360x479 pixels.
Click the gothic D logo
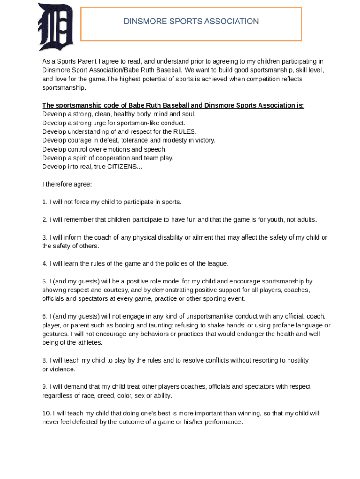click(56, 27)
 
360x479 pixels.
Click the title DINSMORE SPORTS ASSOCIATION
click(191, 22)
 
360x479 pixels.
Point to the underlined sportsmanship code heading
click(173, 105)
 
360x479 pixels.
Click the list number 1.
click(44, 202)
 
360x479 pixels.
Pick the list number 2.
click(44, 219)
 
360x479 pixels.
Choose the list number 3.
click(44, 237)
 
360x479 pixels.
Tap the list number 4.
click(44, 264)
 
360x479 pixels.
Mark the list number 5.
click(44, 281)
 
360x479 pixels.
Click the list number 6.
click(44, 316)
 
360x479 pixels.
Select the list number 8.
click(44, 360)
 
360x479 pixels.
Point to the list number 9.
click(44, 387)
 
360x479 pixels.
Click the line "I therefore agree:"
click(67, 184)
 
